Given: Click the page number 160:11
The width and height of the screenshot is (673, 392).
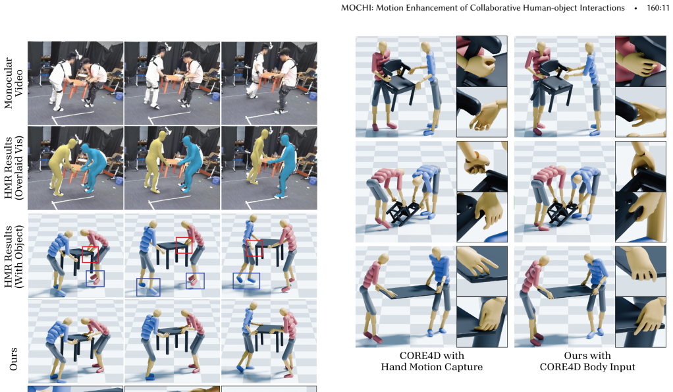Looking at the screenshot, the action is click(658, 8).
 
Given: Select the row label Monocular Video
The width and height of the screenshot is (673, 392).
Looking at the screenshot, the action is click(14, 83).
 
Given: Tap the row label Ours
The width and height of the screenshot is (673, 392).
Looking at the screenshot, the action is click(14, 359).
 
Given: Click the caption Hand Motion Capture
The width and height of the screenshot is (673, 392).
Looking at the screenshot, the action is click(432, 367).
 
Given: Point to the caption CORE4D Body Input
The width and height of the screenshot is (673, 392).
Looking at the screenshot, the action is click(587, 367).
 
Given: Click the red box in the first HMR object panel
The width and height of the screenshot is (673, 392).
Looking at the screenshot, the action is click(90, 254).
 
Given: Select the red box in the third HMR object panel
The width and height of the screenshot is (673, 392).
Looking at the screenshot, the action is click(254, 248).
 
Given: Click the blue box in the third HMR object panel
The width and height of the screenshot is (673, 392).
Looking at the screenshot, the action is click(246, 281).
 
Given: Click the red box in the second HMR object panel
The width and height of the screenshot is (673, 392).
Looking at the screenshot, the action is click(184, 245).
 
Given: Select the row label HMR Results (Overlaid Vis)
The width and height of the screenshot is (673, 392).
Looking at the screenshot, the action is click(14, 168).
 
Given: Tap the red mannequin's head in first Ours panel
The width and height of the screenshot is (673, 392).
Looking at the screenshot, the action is click(84, 322).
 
